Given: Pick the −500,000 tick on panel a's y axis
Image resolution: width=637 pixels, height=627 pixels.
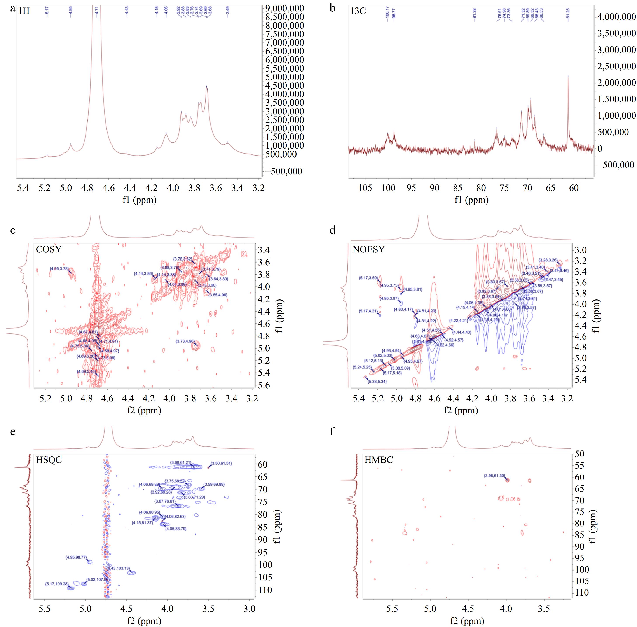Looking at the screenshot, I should pos(283,171).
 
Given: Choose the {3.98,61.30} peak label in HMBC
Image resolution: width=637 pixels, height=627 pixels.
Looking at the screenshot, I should pos(494,476).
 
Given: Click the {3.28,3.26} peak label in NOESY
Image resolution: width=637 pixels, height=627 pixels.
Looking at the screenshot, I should pos(548,260).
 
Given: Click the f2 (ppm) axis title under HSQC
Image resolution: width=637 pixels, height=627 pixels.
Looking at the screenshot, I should pos(144,621).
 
